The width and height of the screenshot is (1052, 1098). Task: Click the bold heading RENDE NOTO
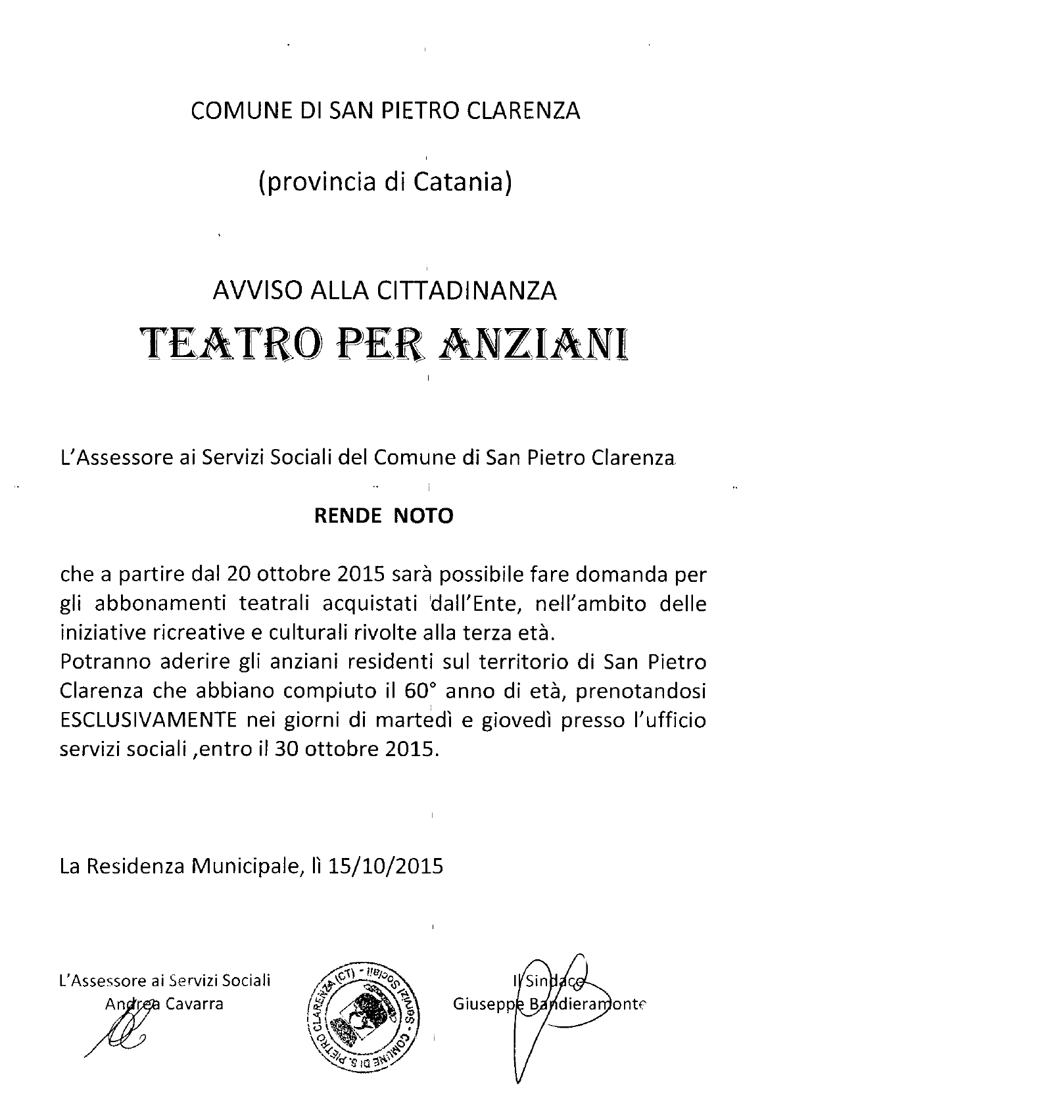(384, 516)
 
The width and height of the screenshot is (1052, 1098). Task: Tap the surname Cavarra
(195, 1004)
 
